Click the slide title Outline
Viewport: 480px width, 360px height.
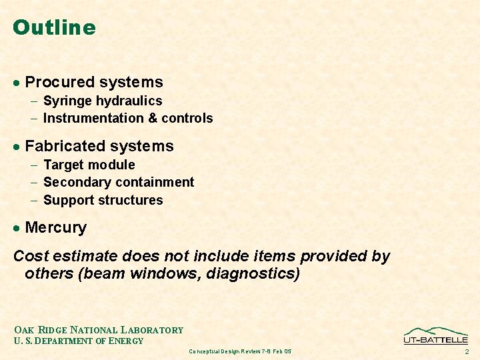[54, 28]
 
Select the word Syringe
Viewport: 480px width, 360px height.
[67, 101]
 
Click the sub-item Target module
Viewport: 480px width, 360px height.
[89, 165]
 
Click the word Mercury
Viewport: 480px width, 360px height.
[55, 227]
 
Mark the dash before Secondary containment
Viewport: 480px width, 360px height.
[34, 183]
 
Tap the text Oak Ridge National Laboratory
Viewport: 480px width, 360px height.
[98, 330]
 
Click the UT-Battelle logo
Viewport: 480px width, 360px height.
[436, 335]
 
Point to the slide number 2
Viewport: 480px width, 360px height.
[467, 351]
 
